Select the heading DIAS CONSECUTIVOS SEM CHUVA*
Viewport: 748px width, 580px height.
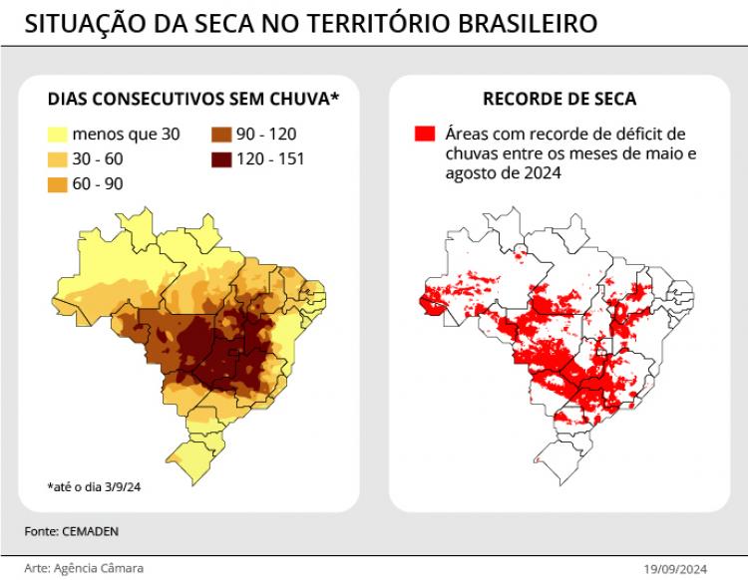click(x=194, y=99)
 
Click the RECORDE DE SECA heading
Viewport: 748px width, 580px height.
click(x=559, y=99)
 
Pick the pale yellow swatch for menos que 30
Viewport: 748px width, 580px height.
click(x=58, y=134)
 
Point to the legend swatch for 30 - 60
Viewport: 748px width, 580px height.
click(x=58, y=158)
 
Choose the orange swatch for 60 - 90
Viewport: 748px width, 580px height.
click(x=58, y=183)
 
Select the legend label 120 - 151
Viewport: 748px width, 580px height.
click(x=271, y=158)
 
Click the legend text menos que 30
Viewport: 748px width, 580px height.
click(x=126, y=134)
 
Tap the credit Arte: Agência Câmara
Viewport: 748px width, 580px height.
click(x=84, y=568)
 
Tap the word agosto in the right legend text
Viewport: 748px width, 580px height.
click(x=473, y=173)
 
